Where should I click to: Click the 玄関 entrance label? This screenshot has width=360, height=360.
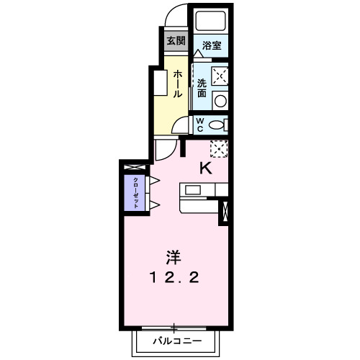(176, 41)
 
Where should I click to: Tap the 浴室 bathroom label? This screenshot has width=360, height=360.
(211, 45)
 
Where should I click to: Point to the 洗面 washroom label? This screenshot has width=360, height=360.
(202, 88)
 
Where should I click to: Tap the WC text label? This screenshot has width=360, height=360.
(201, 125)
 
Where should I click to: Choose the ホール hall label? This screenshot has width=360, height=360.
(176, 84)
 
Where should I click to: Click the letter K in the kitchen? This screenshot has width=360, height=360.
(205, 169)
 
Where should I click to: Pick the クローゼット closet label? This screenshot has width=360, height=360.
(135, 192)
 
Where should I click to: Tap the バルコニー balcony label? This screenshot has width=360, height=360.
(173, 340)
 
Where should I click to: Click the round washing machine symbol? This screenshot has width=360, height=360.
(221, 100)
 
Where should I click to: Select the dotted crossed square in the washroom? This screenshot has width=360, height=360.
(220, 76)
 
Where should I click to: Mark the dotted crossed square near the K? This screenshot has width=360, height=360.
(219, 148)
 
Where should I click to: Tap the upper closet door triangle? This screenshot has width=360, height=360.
(153, 179)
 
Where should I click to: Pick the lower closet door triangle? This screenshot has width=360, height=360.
(153, 205)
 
